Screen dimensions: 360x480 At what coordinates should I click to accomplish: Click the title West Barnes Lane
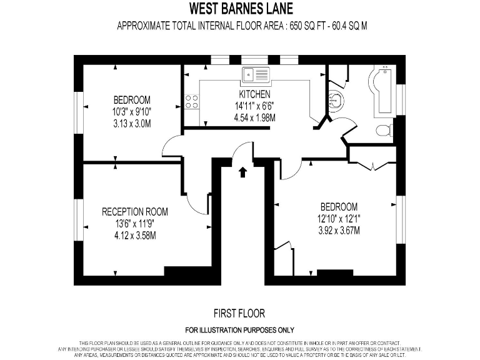[240, 9]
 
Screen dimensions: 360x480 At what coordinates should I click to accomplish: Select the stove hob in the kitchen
[192, 101]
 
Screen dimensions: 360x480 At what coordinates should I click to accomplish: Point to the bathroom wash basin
[336, 99]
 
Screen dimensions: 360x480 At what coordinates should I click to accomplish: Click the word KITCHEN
[255, 94]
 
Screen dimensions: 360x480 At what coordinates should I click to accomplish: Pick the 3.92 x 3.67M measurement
[339, 231]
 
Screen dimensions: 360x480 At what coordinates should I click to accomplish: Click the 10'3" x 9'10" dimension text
[132, 111]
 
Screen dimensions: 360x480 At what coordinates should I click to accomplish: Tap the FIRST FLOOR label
[239, 313]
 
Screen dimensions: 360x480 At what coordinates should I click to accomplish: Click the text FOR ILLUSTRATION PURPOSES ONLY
[239, 330]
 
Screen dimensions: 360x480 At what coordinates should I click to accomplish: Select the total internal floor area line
[240, 26]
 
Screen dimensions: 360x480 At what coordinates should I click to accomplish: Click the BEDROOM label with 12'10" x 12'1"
[339, 207]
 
